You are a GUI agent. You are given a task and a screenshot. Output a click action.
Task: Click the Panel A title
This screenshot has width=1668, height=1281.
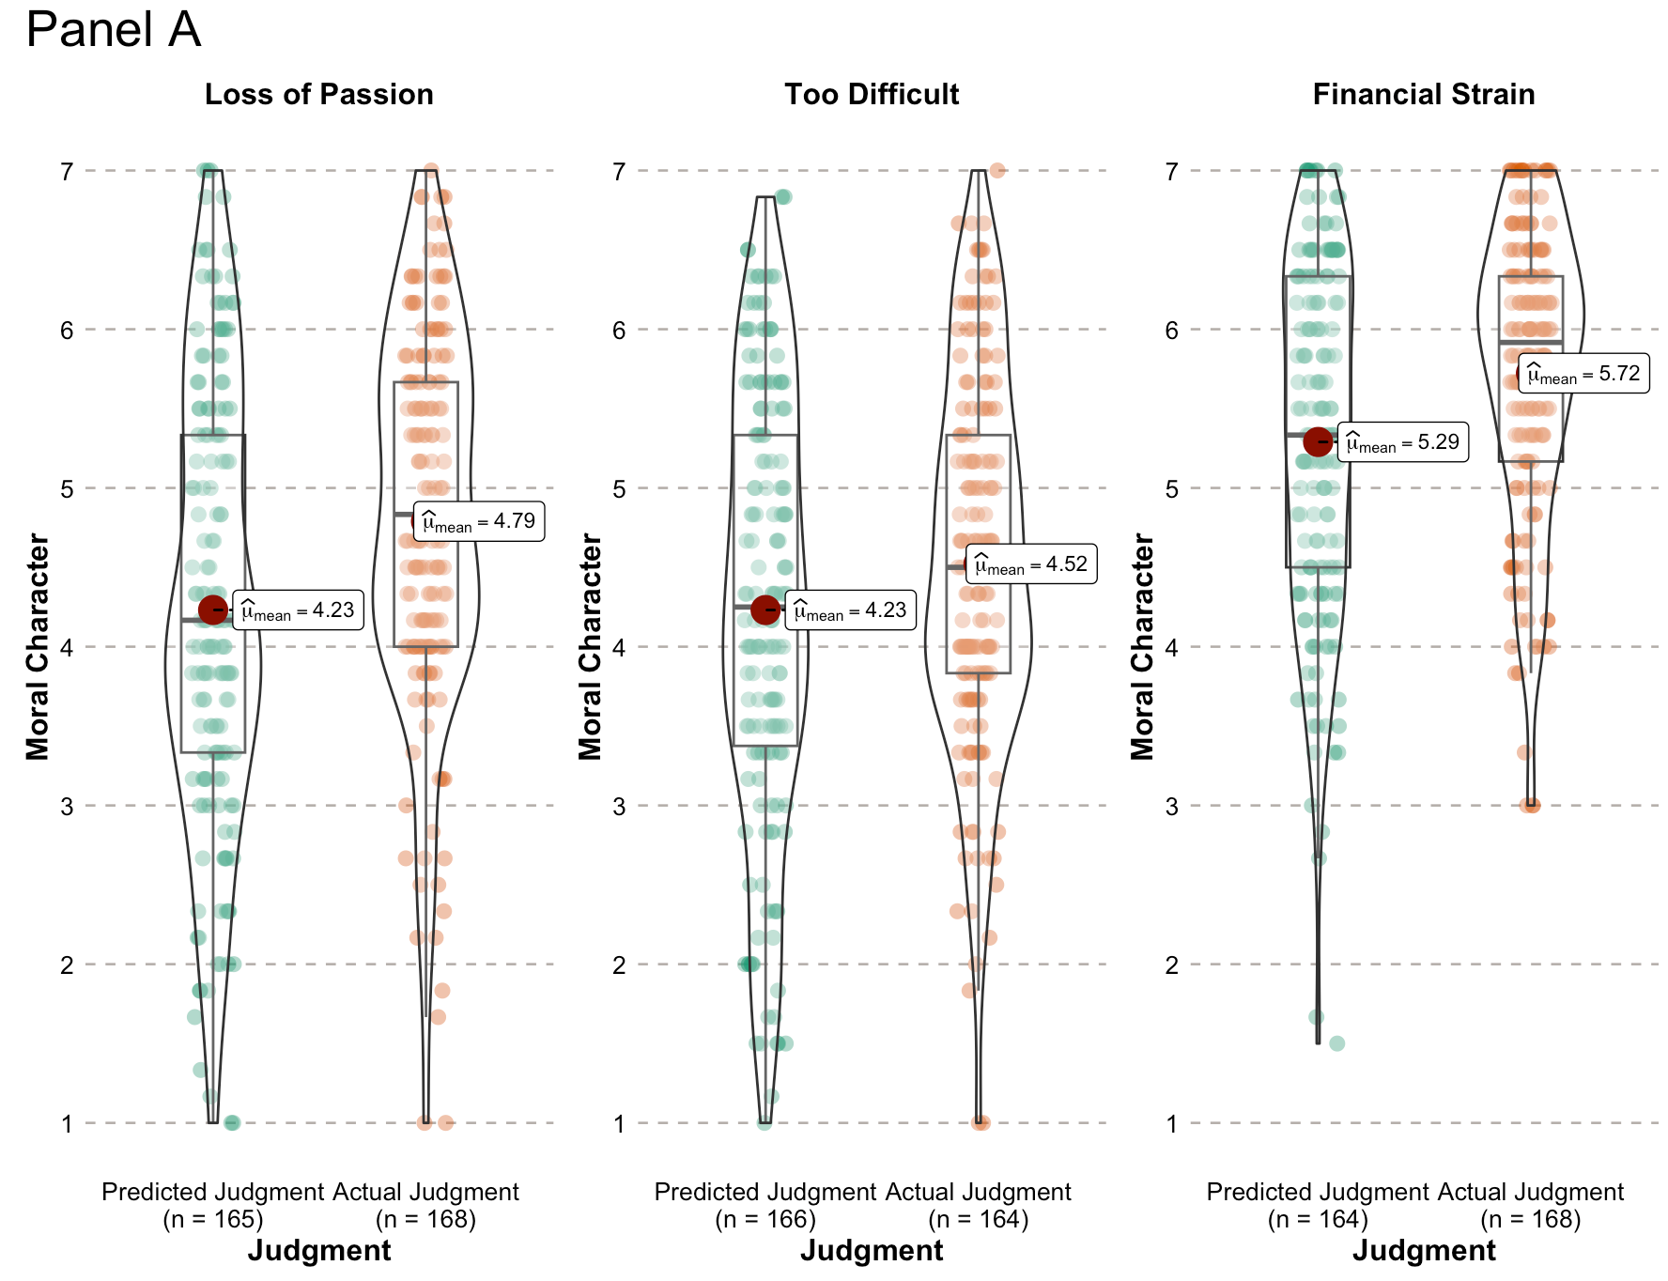(x=114, y=30)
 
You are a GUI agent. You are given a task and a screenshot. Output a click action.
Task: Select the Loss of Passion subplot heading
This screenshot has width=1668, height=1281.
(x=319, y=95)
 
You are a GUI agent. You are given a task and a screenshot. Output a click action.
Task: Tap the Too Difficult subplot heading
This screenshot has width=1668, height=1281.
(x=872, y=95)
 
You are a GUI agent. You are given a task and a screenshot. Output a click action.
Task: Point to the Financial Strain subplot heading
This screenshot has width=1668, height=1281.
(x=1423, y=95)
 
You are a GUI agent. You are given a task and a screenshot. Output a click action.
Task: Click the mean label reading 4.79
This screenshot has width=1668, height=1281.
(x=479, y=521)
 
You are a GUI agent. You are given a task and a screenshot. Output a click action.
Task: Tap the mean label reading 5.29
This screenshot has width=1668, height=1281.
(x=1403, y=442)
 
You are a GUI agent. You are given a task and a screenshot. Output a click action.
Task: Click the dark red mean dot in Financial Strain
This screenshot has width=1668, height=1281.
(x=1318, y=440)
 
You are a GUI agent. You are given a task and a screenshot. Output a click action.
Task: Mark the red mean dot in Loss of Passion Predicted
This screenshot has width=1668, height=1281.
(x=213, y=610)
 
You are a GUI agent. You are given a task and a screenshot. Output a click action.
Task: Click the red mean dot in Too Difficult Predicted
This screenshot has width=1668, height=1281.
(x=765, y=610)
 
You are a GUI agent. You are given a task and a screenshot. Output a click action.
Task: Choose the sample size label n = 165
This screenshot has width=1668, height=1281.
(x=213, y=1219)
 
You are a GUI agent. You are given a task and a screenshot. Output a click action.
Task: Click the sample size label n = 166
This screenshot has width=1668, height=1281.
(x=765, y=1219)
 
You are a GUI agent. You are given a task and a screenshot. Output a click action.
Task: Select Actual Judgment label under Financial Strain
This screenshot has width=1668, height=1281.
(x=1531, y=1192)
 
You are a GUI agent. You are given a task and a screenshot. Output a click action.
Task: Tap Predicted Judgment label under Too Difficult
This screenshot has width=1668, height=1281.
(x=765, y=1192)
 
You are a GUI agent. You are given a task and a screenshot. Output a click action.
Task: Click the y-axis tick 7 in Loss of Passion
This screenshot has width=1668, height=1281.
(x=67, y=172)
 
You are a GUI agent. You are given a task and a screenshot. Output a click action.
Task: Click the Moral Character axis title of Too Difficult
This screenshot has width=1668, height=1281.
(x=590, y=646)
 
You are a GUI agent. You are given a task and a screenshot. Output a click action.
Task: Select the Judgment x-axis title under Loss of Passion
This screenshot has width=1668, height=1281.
(x=319, y=1251)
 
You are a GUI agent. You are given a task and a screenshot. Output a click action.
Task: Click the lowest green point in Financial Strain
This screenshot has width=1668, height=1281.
(x=1336, y=1043)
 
